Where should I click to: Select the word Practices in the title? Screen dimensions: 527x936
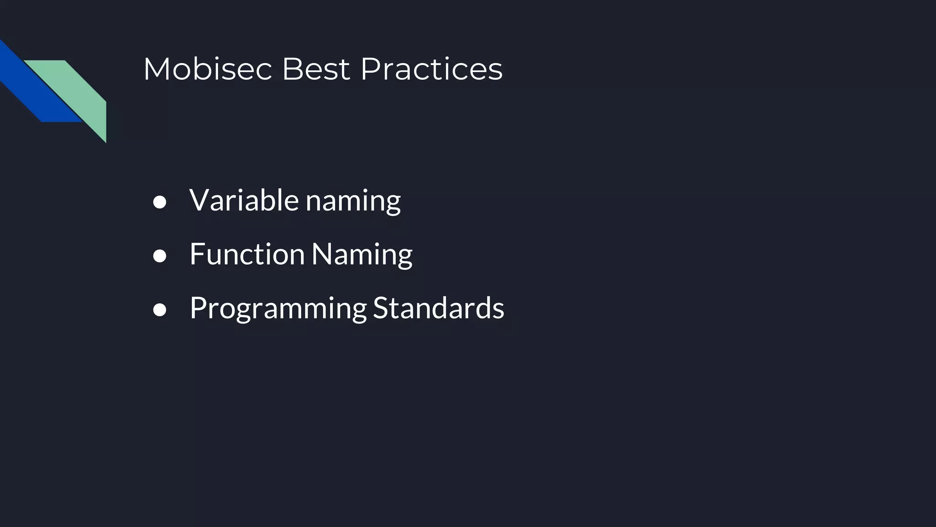(431, 70)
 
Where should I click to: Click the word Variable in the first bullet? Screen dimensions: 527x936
(244, 200)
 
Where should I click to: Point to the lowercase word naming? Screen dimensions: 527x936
(353, 201)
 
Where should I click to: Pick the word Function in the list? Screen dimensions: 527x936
(247, 254)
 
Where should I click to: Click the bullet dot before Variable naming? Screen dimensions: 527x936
(160, 202)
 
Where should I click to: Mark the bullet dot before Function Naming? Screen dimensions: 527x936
(160, 256)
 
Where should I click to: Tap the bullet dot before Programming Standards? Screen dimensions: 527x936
(160, 310)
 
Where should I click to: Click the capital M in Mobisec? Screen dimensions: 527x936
(156, 70)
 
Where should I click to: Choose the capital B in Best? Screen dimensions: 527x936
(291, 70)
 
